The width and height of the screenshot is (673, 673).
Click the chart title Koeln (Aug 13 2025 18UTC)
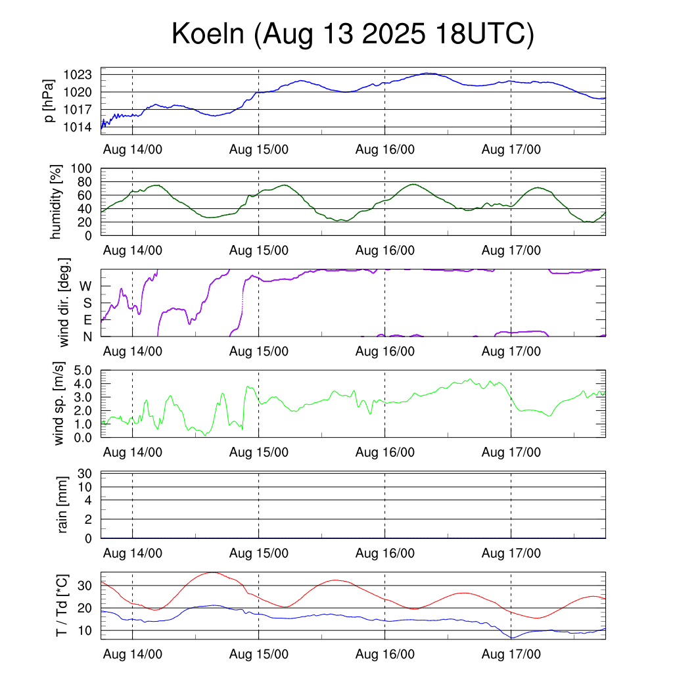coord(353,34)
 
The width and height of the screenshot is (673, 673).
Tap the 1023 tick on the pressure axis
coord(82,75)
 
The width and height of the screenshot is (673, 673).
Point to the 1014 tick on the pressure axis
coord(82,127)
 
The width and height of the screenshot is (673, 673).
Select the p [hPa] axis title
coord(48,100)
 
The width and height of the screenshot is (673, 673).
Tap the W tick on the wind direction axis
coord(86,286)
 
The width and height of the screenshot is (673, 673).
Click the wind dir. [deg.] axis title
coord(64,302)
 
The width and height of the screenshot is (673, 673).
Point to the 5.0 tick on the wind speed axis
coord(82,370)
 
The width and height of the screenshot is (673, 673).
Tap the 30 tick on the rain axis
coord(85,474)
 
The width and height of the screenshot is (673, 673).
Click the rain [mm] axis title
coord(63,505)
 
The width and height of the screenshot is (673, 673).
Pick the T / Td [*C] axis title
coord(61,605)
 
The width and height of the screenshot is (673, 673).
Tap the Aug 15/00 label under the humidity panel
coord(258,250)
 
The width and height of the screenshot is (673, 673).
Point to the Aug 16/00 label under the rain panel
coord(384,553)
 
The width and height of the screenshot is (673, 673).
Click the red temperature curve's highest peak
coord(212,572)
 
